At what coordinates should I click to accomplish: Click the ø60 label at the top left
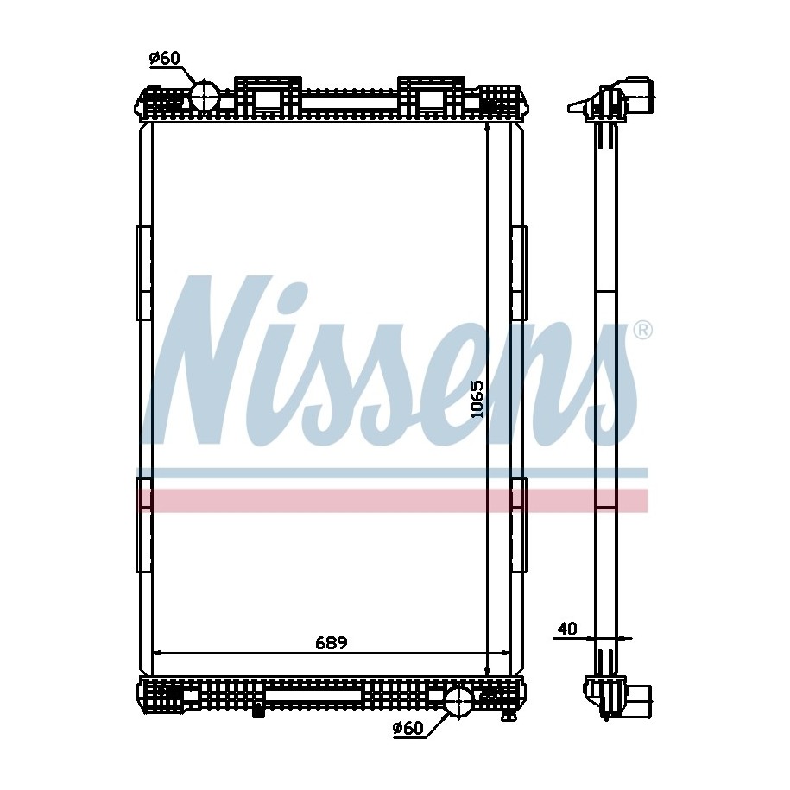coord(165,59)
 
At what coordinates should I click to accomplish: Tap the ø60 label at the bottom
coord(408,728)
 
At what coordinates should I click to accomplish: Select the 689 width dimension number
coord(332,643)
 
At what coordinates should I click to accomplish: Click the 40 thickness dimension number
coord(567,629)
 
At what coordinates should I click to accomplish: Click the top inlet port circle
coord(205,96)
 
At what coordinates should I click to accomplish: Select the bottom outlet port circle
coord(458,701)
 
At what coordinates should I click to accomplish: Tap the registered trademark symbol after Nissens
coord(641,331)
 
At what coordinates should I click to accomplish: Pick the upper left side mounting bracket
coord(143,273)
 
